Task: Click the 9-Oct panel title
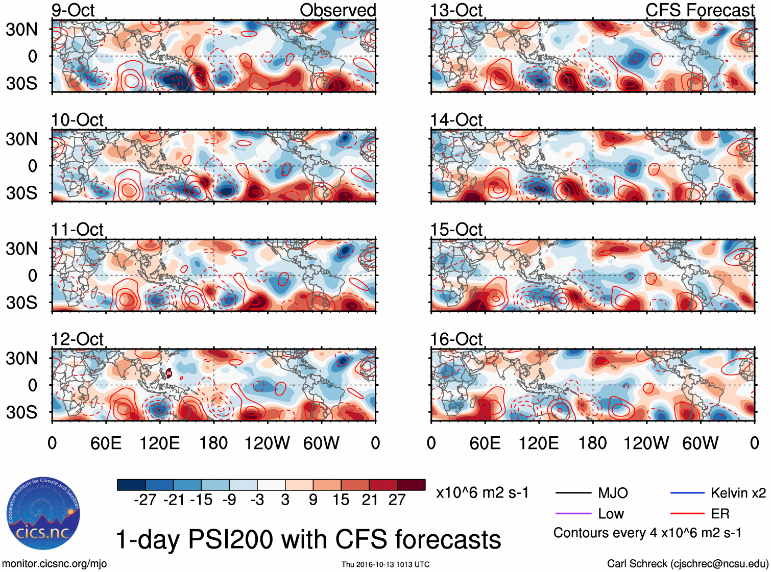73,10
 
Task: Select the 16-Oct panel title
456,339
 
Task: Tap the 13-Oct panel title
456,10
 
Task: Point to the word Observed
338,10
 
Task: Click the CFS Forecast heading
700,10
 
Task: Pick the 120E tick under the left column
159,443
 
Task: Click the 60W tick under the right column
700,443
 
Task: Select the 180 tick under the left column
213,443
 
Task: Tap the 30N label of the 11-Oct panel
22,249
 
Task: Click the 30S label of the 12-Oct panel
22,412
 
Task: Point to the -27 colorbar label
145,500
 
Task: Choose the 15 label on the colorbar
341,500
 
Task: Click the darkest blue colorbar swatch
131,485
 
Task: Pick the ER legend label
720,513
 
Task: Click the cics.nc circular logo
43,514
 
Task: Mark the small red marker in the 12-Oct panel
168,374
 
